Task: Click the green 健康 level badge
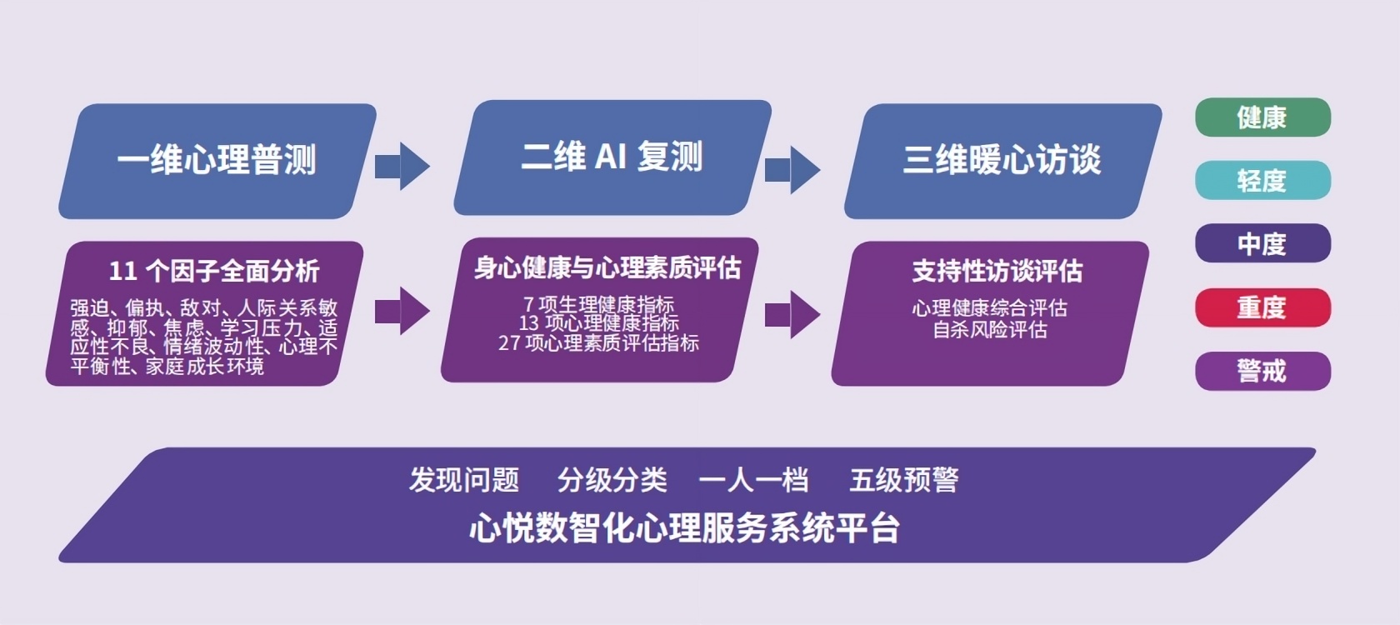click(x=1263, y=117)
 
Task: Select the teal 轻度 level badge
click(x=1263, y=181)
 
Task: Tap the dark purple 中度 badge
click(x=1263, y=243)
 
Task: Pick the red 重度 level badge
click(x=1263, y=307)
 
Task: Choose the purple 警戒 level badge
click(x=1263, y=372)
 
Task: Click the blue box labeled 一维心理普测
click(x=217, y=162)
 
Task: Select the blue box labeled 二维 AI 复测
click(x=612, y=157)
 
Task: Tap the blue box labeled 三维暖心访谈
click(x=1003, y=162)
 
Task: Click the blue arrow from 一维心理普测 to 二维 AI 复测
click(x=402, y=167)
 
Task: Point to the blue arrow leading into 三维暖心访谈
click(x=792, y=170)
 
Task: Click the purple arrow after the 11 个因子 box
click(x=402, y=312)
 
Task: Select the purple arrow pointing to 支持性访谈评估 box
click(x=792, y=315)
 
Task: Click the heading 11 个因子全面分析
click(x=214, y=272)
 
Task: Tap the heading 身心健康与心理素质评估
click(x=607, y=268)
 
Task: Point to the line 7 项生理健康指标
click(x=598, y=304)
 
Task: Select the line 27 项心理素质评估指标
click(x=598, y=343)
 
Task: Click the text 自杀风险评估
click(x=990, y=329)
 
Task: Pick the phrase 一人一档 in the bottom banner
click(x=753, y=480)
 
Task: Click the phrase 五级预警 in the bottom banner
click(x=903, y=480)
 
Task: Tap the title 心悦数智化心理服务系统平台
click(x=684, y=528)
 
